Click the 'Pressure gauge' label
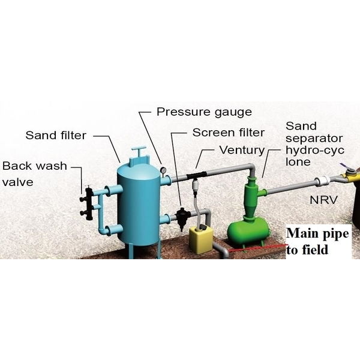pyautogui.click(x=203, y=112)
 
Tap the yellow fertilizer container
pyautogui.click(x=201, y=239)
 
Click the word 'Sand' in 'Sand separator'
pyautogui.click(x=298, y=126)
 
